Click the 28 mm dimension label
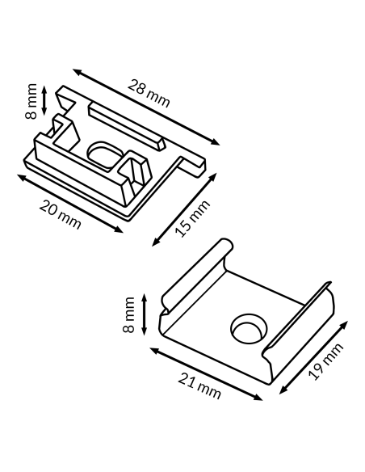pyautogui.click(x=149, y=93)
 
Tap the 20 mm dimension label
pyautogui.click(x=60, y=214)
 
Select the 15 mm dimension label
pyautogui.click(x=192, y=218)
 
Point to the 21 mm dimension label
pyautogui.click(x=199, y=386)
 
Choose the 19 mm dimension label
pyautogui.click(x=325, y=361)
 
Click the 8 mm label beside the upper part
pyautogui.click(x=31, y=101)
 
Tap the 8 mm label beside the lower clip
pyautogui.click(x=128, y=314)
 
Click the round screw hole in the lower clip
pyautogui.click(x=249, y=328)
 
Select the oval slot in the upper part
pyautogui.click(x=105, y=154)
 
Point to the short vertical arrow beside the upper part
pyautogui.click(x=44, y=100)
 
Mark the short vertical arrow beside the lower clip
pyautogui.click(x=144, y=314)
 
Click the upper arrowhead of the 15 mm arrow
pyautogui.click(x=213, y=176)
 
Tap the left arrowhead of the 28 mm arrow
pyautogui.click(x=77, y=71)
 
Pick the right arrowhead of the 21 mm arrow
pyautogui.click(x=258, y=398)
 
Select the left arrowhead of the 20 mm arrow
pyautogui.click(x=22, y=177)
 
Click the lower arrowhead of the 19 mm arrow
pyautogui.click(x=283, y=390)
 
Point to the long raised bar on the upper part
pyautogui.click(x=126, y=126)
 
